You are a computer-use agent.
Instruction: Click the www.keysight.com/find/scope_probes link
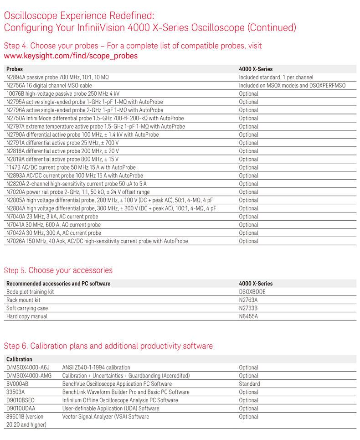[71, 56]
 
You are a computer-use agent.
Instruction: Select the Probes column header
[15, 69]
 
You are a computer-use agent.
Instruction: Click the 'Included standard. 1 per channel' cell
[276, 78]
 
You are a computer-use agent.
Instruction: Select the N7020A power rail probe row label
[78, 192]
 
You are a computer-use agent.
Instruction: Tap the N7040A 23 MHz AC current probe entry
[52, 217]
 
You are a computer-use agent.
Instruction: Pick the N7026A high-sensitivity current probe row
[97, 241]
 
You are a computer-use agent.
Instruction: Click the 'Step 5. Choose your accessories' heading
[58, 270]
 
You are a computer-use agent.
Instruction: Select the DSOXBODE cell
[252, 292]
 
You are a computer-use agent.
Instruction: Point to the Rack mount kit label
[23, 300]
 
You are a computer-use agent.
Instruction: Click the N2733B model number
[248, 308]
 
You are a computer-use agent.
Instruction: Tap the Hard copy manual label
[27, 316]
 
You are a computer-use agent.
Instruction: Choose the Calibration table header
[19, 359]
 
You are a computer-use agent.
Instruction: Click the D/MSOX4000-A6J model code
[27, 368]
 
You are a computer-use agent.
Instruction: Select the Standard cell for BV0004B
[249, 384]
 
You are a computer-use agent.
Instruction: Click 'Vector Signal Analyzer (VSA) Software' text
[106, 417]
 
